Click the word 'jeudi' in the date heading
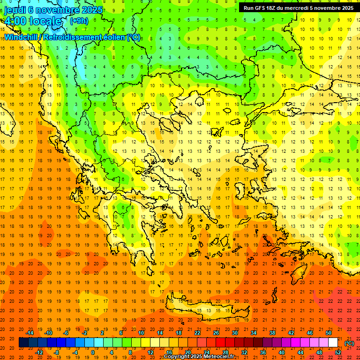[x=14, y=10]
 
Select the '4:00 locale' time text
[x=33, y=21]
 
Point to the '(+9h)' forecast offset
[x=78, y=21]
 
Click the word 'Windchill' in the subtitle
[x=22, y=37]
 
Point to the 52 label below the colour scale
[x=338, y=352]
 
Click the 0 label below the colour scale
[x=93, y=352]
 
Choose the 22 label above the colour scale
[x=197, y=333]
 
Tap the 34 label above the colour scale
[x=254, y=333]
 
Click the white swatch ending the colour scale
[x=333, y=343]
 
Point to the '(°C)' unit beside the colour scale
[x=349, y=343]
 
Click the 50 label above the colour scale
[x=329, y=333]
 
